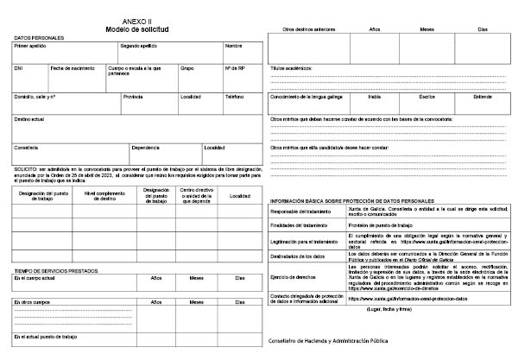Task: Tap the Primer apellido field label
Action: tap(30, 45)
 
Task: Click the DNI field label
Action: tap(18, 67)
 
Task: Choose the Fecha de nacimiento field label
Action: tap(69, 67)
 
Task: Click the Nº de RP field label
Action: tap(234, 67)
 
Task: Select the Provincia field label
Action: tap(133, 97)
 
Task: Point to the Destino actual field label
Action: tap(31, 118)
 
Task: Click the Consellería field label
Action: tap(26, 147)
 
